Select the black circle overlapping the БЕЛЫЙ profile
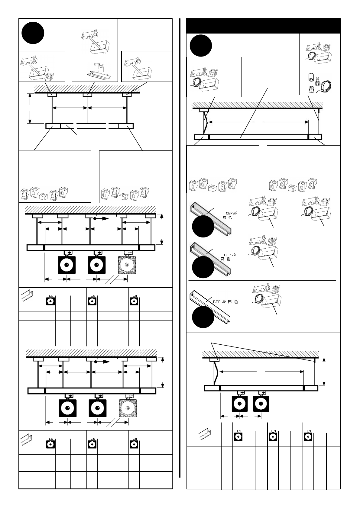[203, 317]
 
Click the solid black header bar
[263, 26]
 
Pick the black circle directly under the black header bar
[201, 46]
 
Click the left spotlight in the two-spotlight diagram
[240, 404]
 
